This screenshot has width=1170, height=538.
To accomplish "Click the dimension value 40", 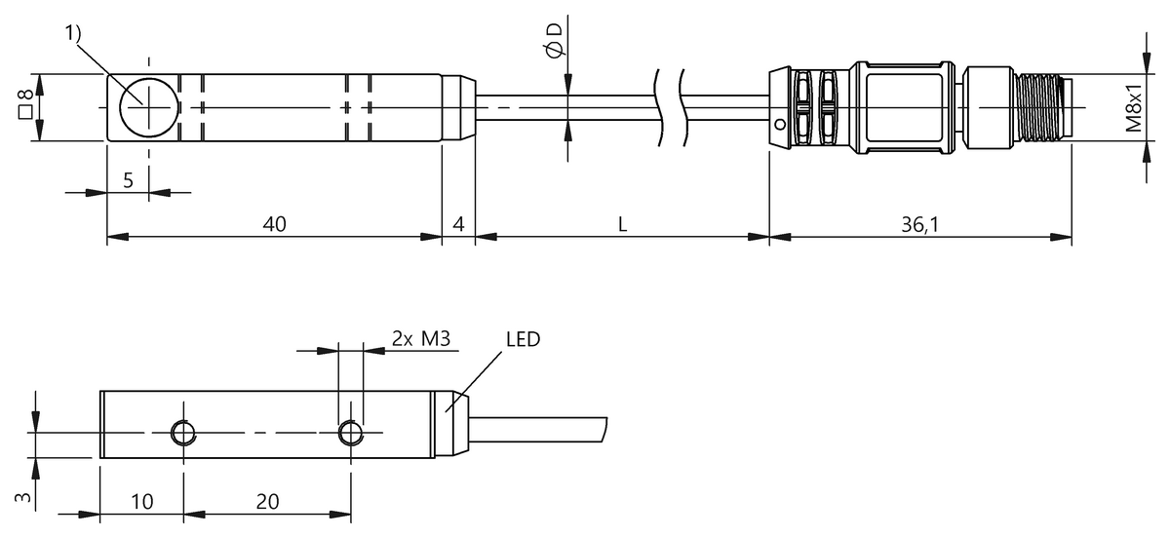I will (274, 224).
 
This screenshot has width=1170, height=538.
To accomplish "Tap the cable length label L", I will (622, 224).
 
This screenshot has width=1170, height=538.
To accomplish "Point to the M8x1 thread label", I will (1134, 107).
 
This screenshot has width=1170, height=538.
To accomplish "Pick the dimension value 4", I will (458, 224).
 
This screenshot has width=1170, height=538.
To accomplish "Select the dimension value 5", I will (128, 179).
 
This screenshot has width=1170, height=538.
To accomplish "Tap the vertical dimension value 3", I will (26, 496).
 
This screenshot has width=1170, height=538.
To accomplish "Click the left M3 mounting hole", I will (181, 432).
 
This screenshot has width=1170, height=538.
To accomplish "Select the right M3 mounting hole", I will (349, 432).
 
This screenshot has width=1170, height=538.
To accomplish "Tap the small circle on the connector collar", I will (779, 125).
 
